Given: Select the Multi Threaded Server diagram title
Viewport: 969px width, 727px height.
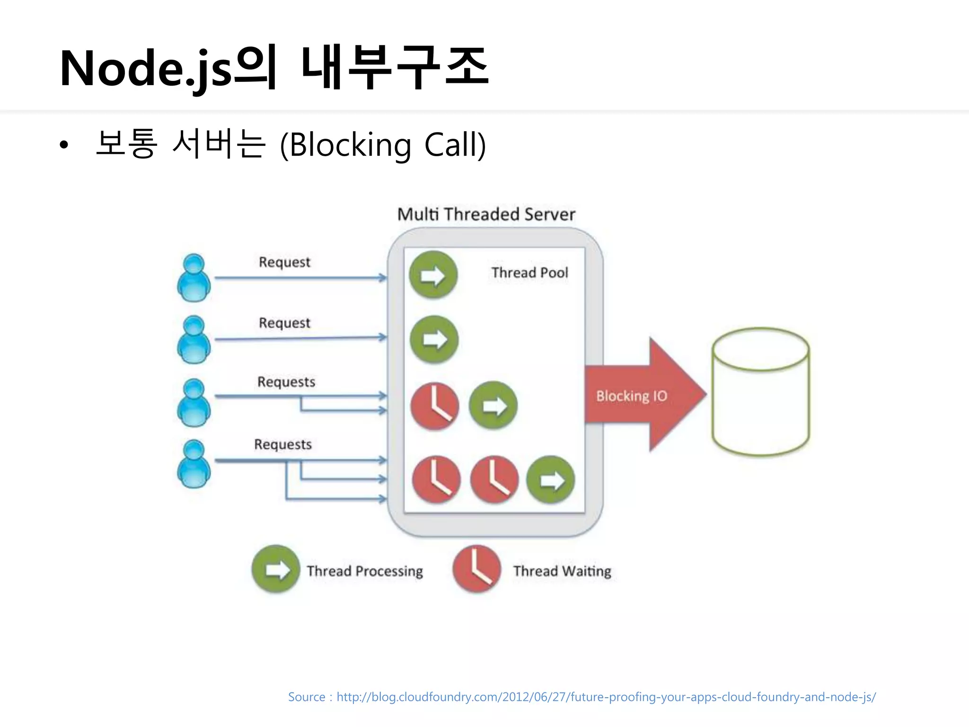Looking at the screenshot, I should tap(486, 214).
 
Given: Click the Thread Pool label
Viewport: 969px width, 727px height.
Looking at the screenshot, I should tap(529, 273).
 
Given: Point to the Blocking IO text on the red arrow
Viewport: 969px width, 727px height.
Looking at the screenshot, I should tap(631, 396).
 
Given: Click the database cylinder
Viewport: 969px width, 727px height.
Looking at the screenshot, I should tap(760, 392).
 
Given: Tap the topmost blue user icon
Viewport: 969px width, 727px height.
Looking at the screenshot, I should tap(194, 278).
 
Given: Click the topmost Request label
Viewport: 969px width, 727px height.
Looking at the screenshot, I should tap(284, 262).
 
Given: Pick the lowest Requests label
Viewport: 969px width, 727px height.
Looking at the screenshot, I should tap(283, 444).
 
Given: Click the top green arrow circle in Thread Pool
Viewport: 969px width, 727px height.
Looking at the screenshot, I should tap(433, 275).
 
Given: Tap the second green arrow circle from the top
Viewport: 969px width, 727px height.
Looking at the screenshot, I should tap(434, 339).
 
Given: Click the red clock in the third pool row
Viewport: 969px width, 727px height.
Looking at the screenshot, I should tap(434, 406).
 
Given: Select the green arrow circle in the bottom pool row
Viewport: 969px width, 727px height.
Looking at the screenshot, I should tap(551, 479).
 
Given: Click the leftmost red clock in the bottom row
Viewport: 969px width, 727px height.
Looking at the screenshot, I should tap(436, 479).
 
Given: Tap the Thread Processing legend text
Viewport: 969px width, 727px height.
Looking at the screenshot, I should tap(364, 571).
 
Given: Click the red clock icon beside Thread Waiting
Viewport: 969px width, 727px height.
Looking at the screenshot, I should tap(476, 569).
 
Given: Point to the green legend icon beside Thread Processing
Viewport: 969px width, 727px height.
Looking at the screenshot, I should tap(276, 569).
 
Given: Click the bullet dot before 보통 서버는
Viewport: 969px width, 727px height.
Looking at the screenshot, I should tap(64, 145).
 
